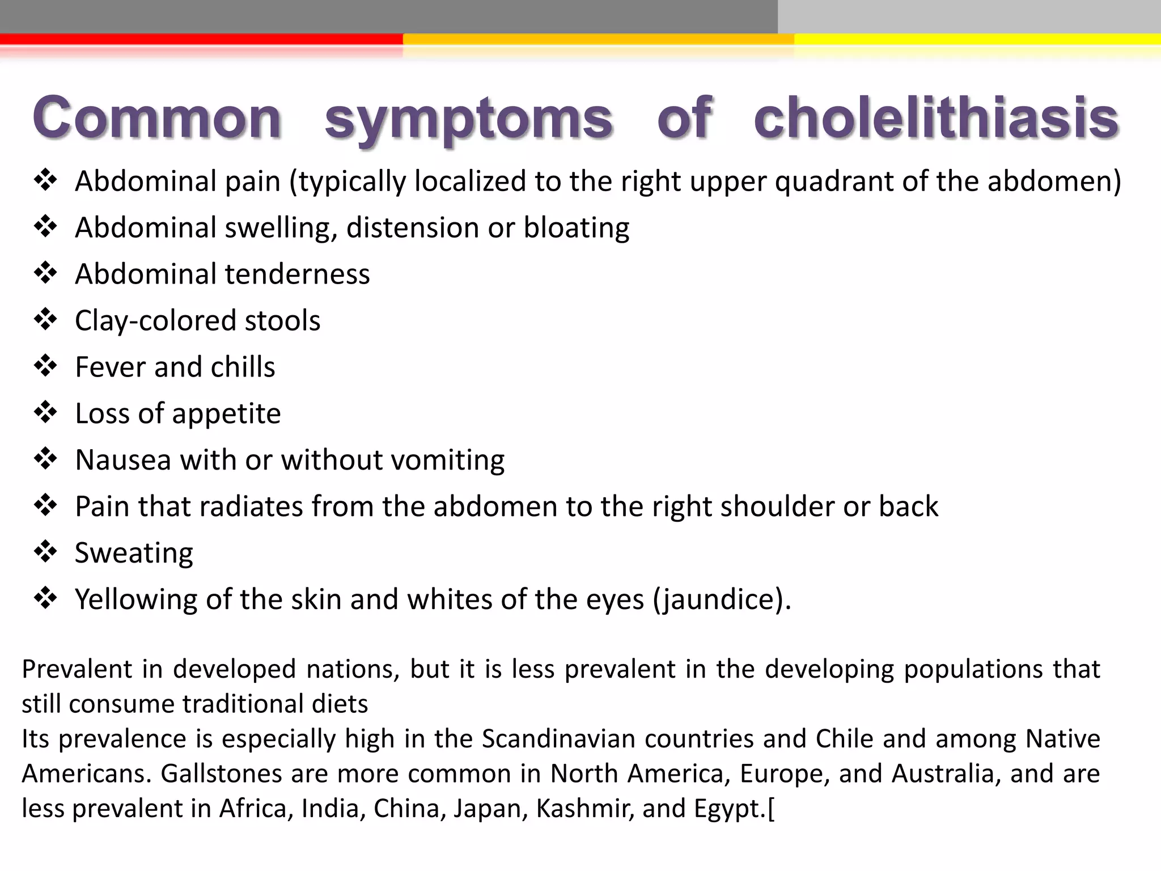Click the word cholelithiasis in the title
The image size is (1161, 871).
pos(935,117)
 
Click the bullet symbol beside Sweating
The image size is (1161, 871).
pos(45,552)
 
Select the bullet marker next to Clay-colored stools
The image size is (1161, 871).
pos(45,320)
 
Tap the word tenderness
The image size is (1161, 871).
pos(297,274)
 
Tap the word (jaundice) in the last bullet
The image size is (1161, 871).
pos(722,600)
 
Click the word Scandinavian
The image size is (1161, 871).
pos(558,739)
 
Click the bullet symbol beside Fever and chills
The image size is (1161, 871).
pos(45,366)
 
